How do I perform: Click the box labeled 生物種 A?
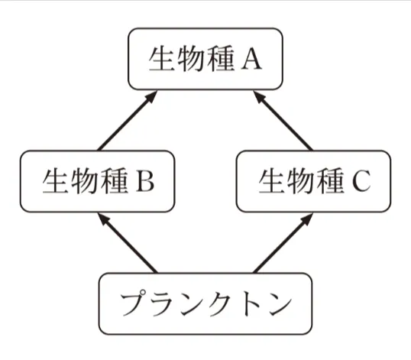pyautogui.click(x=205, y=59)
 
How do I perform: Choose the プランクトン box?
pyautogui.click(x=205, y=303)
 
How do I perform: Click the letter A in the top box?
pyautogui.click(x=252, y=60)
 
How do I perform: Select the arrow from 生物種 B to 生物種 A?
pyautogui.click(x=126, y=121)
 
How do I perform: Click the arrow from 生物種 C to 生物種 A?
pyautogui.click(x=284, y=121)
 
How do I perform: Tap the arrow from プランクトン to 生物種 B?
pyautogui.click(x=127, y=244)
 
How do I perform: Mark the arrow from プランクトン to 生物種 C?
pyautogui.click(x=284, y=244)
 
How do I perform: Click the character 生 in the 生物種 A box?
pyautogui.click(x=162, y=59)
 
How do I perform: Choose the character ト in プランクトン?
pyautogui.click(x=250, y=304)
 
